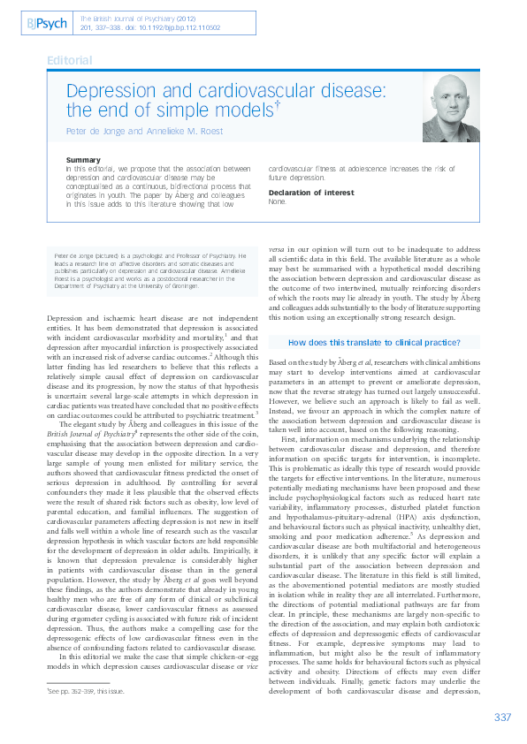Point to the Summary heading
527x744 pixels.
tap(84, 160)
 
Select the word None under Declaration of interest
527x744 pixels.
tap(278, 201)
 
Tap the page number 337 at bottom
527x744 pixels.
tap(502, 717)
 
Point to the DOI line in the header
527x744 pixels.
tap(149, 27)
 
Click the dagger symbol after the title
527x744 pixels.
tap(279, 103)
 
